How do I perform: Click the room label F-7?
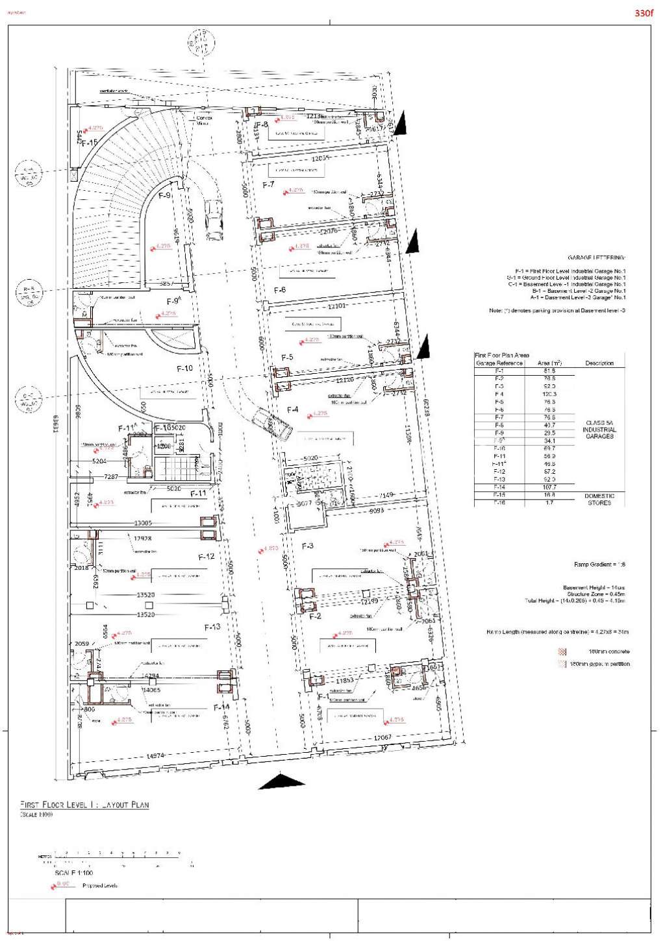(x=268, y=185)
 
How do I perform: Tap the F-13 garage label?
(x=212, y=627)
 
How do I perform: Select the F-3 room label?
(x=308, y=546)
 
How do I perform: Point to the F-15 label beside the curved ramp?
(x=90, y=143)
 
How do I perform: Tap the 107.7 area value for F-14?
(x=549, y=487)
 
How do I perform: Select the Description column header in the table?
(x=599, y=363)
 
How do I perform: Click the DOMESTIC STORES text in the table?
(x=599, y=499)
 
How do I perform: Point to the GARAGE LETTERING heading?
(x=596, y=258)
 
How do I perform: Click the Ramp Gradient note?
(x=599, y=565)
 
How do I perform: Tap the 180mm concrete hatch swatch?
(x=562, y=652)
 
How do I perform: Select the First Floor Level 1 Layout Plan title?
(x=84, y=805)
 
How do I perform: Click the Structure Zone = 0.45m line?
(x=596, y=594)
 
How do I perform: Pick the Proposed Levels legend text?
(x=100, y=886)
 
